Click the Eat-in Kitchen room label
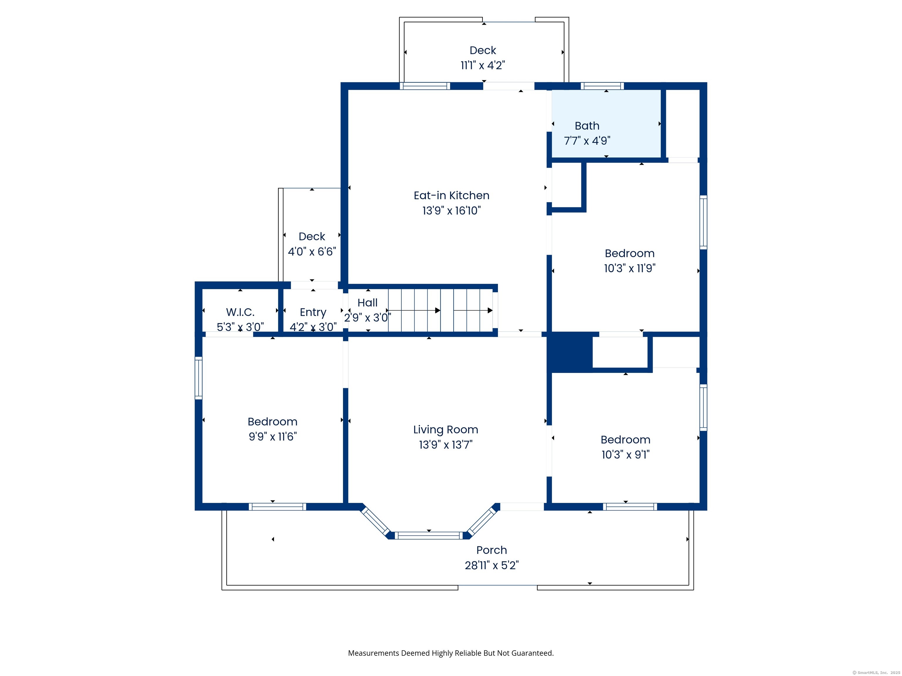[451, 196]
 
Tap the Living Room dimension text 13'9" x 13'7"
[446, 445]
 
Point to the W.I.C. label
[240, 312]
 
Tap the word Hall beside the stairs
[367, 303]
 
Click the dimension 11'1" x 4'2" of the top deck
[483, 65]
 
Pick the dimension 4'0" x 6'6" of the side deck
[312, 252]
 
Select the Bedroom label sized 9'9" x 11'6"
[272, 422]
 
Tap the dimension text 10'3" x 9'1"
[625, 455]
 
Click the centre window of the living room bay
[429, 535]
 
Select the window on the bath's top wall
[602, 86]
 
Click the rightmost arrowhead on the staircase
[490, 310]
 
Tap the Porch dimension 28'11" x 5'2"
[492, 566]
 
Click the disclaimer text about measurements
[451, 653]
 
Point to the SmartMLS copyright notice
[876, 673]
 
